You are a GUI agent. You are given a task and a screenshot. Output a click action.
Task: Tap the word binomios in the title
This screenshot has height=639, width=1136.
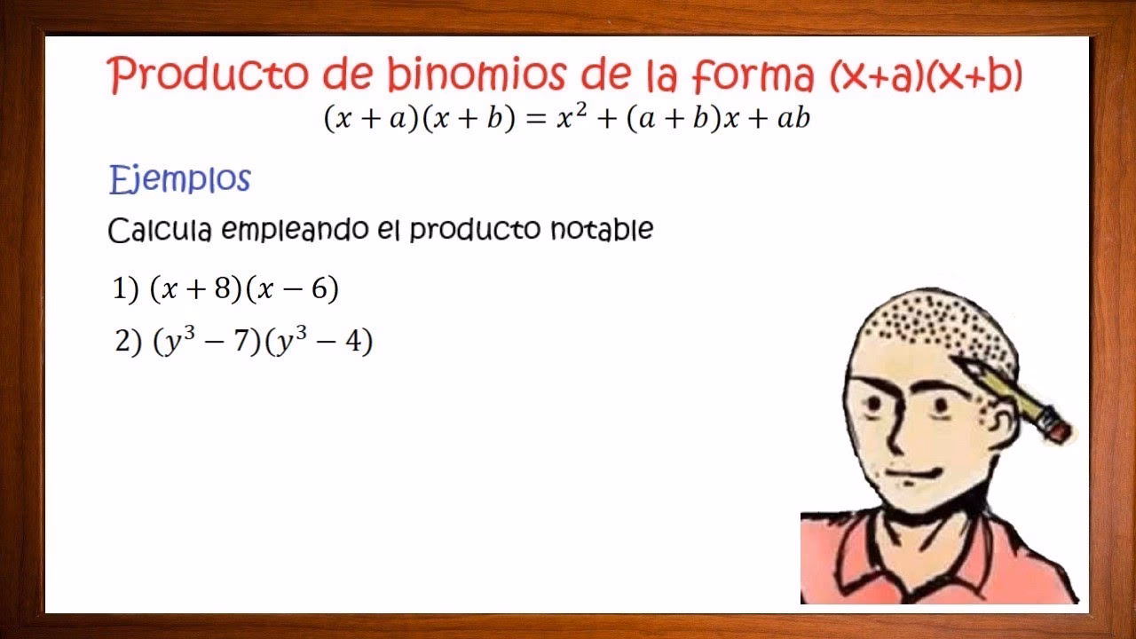(475, 76)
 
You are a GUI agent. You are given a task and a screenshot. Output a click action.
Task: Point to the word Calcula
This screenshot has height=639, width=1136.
(160, 231)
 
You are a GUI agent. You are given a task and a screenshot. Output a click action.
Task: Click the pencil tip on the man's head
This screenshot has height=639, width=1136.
(964, 364)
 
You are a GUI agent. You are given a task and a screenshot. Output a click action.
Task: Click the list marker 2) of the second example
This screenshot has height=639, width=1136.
(127, 343)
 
